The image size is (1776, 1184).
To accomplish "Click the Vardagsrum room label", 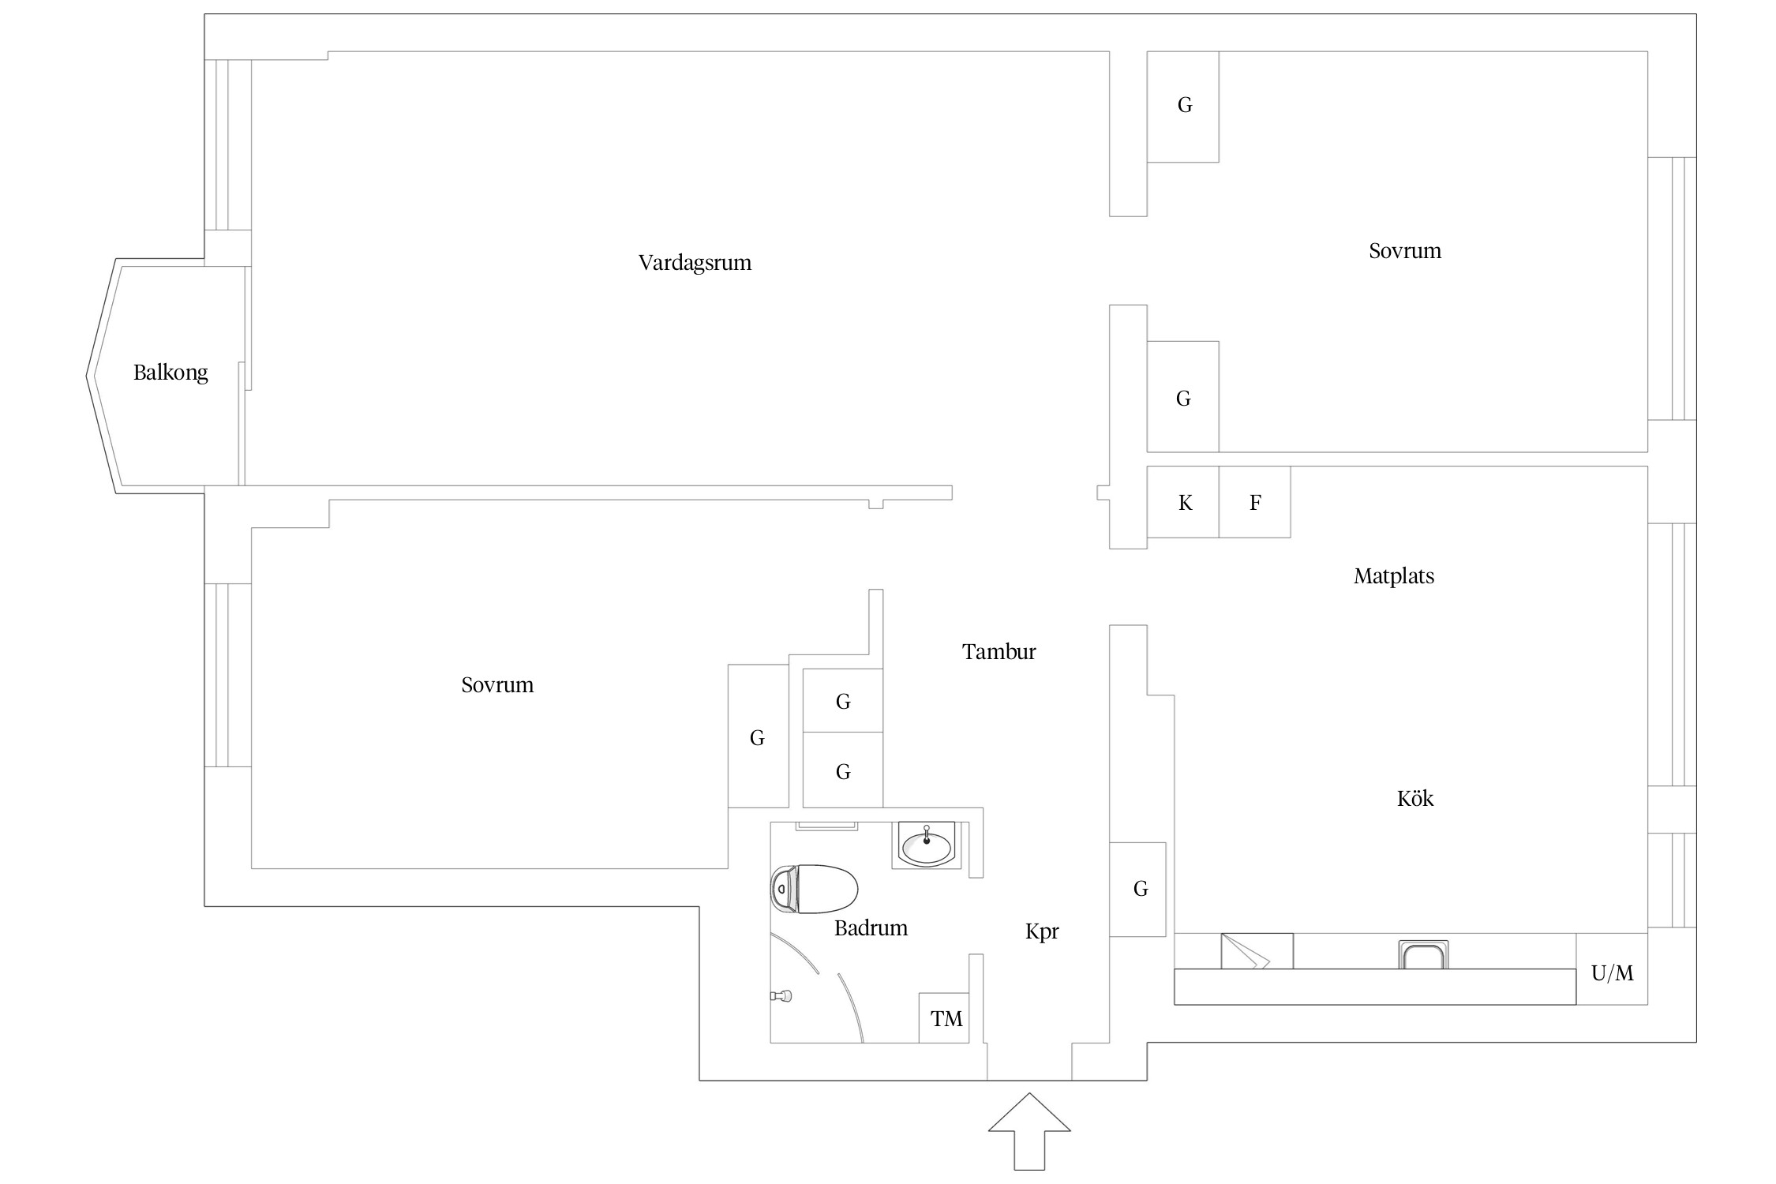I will [x=695, y=263].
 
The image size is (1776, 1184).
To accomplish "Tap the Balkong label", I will [x=170, y=373].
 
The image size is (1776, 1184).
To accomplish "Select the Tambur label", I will [x=999, y=652].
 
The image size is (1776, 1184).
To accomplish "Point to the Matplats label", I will [x=1394, y=576].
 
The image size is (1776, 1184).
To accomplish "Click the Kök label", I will [x=1414, y=799].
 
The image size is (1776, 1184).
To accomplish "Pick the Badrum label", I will [x=871, y=928].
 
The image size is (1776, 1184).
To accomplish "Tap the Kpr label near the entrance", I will [x=1042, y=931].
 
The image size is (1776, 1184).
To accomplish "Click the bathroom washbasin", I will [x=927, y=846].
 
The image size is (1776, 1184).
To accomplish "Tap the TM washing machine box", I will [x=945, y=1018].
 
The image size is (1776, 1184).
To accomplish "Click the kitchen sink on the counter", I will [x=1423, y=954].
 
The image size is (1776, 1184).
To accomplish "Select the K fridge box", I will [x=1183, y=503].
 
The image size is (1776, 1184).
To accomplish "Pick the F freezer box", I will [x=1255, y=503].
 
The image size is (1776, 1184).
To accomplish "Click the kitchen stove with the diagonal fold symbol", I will [x=1257, y=951].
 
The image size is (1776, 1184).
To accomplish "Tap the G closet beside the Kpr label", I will [x=1138, y=890].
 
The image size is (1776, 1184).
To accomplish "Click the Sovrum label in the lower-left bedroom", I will [x=497, y=685].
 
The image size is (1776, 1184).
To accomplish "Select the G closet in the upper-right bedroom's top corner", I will [x=1183, y=106].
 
